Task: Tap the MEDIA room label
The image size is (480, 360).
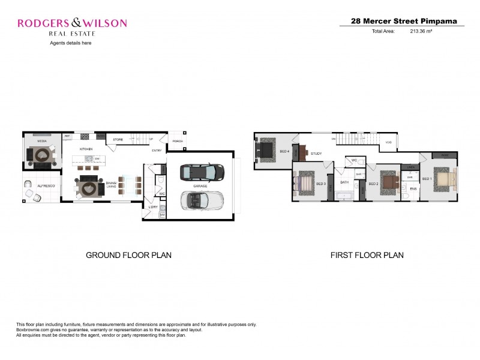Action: tap(42, 141)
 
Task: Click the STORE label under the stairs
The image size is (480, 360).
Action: tap(118, 140)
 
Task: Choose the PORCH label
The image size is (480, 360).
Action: tap(178, 142)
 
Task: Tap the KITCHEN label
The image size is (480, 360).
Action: tap(86, 149)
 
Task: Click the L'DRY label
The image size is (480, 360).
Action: tap(153, 207)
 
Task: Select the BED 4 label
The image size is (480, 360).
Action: tap(284, 151)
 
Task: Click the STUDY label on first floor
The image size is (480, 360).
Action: tap(316, 154)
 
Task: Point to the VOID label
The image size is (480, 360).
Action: tap(388, 142)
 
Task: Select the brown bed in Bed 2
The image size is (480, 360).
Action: tap(389, 181)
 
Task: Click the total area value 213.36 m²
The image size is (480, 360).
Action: tap(421, 31)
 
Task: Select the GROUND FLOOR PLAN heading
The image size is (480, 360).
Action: tap(129, 255)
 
